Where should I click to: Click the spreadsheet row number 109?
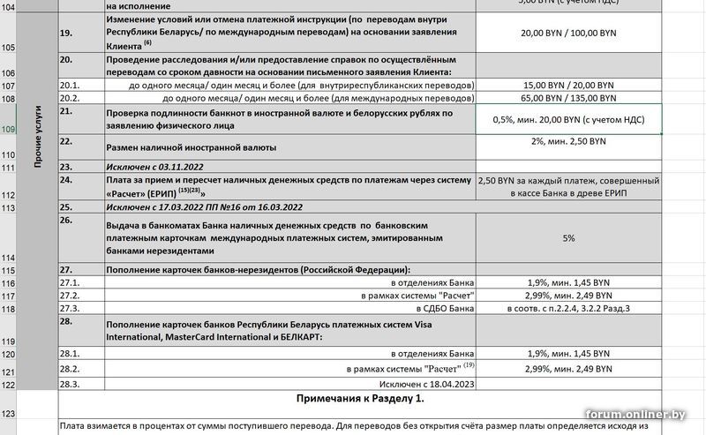tap(10, 130)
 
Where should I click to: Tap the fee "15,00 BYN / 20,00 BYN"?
tap(567, 85)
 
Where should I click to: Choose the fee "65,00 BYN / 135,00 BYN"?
tap(567, 98)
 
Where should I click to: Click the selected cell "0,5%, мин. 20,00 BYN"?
tap(567, 119)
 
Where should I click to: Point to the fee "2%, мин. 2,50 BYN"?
tap(567, 141)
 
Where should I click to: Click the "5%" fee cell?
tap(567, 237)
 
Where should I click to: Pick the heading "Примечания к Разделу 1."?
tap(360, 399)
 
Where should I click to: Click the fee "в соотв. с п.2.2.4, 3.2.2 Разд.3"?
tap(567, 309)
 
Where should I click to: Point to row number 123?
tap(10, 413)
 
